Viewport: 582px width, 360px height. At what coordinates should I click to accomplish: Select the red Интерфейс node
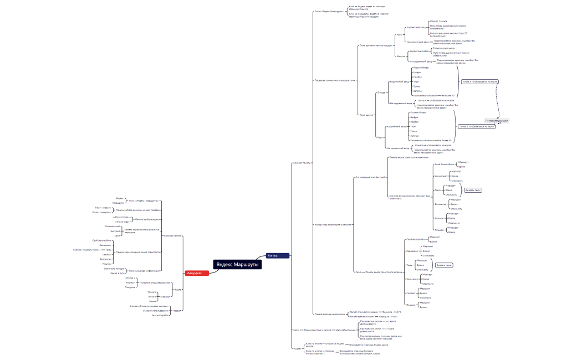tap(197, 273)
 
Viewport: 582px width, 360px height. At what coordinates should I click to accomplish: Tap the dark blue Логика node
tap(276, 256)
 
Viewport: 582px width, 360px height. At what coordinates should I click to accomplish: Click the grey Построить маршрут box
tap(497, 121)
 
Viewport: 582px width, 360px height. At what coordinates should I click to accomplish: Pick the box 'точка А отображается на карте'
tap(479, 81)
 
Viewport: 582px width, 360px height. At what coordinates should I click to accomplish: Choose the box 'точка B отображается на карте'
tap(477, 126)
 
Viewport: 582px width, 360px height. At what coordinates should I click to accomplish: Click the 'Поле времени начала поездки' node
tap(376, 45)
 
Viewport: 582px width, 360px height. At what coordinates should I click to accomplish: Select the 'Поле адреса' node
tap(366, 115)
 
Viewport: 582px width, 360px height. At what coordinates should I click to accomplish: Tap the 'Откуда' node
tap(381, 92)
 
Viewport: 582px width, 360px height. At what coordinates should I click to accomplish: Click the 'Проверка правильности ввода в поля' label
tap(335, 80)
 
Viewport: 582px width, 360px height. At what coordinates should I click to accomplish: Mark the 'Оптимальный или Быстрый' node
tap(370, 177)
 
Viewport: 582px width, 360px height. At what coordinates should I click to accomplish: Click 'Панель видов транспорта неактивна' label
tap(409, 157)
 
